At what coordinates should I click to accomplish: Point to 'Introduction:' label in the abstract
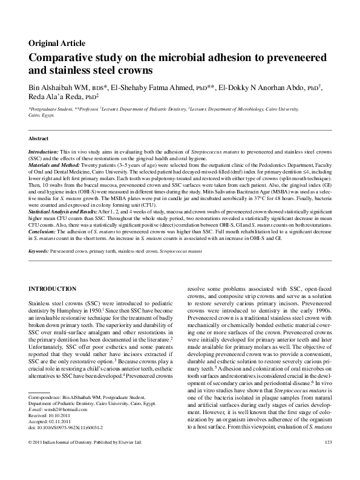point(44,151)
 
